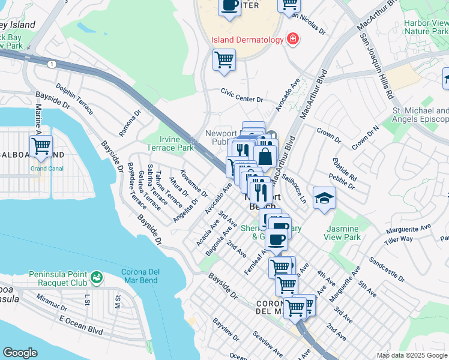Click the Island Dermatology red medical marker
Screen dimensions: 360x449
pos(292,40)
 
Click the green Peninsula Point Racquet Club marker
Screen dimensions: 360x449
pos(96,278)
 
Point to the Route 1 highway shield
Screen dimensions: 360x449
pos(52,64)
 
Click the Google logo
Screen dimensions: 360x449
pos(20,353)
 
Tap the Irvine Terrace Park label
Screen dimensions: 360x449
pos(171,143)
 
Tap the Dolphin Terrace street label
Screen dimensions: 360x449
pos(74,99)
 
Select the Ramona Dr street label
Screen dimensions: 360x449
pos(129,122)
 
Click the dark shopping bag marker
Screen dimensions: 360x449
pos(265,157)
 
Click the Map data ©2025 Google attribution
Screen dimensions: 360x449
pos(412,355)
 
